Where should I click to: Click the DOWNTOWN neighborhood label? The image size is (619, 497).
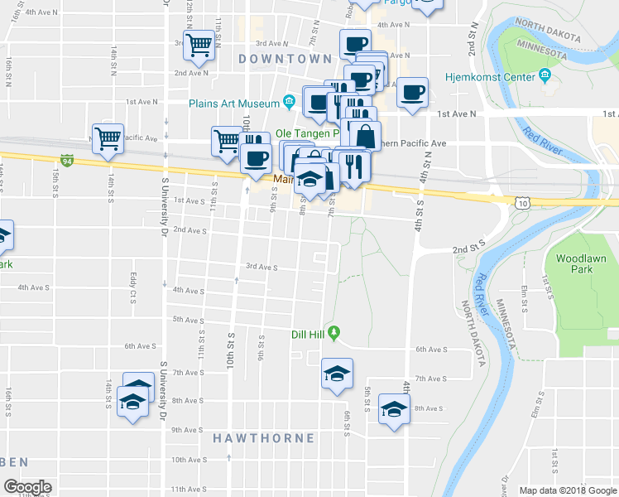tap(285, 59)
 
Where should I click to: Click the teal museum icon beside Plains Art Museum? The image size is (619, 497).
tap(289, 103)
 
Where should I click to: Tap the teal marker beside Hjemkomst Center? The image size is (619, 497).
tap(545, 77)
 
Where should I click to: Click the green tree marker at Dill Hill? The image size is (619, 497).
tap(333, 334)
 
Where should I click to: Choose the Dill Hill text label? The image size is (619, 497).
tap(309, 335)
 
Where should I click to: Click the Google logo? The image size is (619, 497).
tap(27, 487)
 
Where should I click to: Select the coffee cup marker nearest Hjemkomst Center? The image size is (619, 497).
tap(411, 91)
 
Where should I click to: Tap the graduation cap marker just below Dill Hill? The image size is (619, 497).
tap(337, 373)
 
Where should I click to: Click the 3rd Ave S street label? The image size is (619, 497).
tap(261, 268)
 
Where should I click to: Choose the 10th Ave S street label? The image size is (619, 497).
tap(189, 459)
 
